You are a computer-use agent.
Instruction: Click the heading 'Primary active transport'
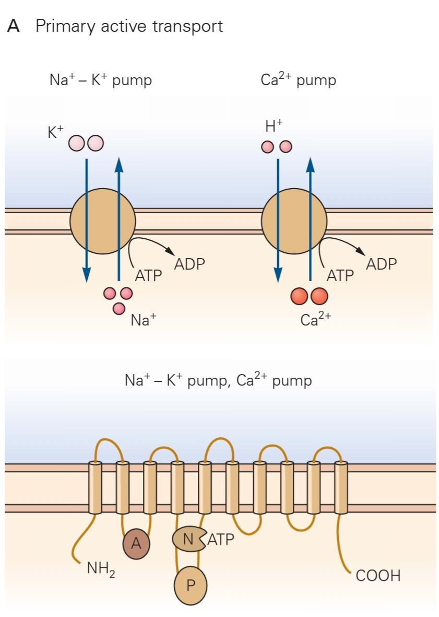129,26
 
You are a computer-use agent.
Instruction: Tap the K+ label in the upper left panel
55,133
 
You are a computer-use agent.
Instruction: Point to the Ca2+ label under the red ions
316,319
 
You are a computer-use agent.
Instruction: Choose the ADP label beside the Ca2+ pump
381,264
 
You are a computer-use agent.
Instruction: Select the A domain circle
136,544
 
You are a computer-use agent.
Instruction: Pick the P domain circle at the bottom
191,585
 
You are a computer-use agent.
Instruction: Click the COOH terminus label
378,576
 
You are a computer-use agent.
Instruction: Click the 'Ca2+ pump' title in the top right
298,80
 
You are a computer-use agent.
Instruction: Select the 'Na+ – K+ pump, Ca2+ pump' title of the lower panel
218,379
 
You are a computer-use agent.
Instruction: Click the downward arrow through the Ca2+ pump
278,219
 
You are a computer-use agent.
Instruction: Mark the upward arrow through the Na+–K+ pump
119,219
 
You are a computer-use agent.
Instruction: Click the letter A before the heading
14,26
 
